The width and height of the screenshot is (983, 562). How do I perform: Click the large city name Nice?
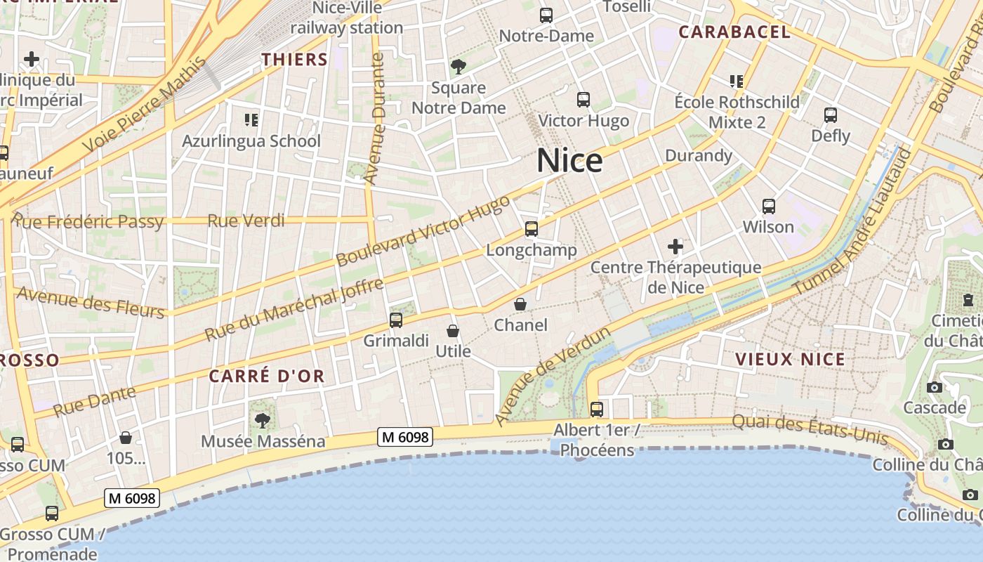pyautogui.click(x=569, y=161)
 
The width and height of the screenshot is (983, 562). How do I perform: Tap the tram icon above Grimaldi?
pyautogui.click(x=396, y=320)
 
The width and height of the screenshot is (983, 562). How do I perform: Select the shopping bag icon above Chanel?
pyautogui.click(x=520, y=304)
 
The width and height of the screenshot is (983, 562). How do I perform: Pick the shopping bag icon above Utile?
pyautogui.click(x=453, y=330)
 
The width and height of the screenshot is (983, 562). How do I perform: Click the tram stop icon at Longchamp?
pyautogui.click(x=532, y=229)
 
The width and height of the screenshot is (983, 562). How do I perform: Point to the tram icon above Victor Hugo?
pyautogui.click(x=583, y=100)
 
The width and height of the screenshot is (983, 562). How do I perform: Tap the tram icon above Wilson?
pyautogui.click(x=769, y=207)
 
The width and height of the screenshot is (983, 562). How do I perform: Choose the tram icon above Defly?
pyautogui.click(x=831, y=115)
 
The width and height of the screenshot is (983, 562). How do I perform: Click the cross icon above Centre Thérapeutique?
pyautogui.click(x=675, y=247)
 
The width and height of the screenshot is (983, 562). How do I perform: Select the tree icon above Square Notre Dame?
pyautogui.click(x=458, y=67)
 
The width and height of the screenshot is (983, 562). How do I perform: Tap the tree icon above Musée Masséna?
pyautogui.click(x=263, y=421)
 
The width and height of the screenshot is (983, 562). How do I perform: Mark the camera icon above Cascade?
pyautogui.click(x=935, y=387)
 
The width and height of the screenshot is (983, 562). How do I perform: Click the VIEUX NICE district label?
pyautogui.click(x=790, y=360)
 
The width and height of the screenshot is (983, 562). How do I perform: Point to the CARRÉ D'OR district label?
pyautogui.click(x=267, y=376)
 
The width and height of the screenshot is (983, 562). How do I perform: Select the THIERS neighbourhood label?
pyautogui.click(x=295, y=60)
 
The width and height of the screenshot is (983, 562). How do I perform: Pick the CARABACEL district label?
pyautogui.click(x=734, y=32)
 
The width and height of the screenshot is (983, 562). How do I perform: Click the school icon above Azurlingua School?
pyautogui.click(x=251, y=120)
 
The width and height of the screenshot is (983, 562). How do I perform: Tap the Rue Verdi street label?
pyautogui.click(x=246, y=221)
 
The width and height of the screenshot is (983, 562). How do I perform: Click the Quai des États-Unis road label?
pyautogui.click(x=810, y=429)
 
